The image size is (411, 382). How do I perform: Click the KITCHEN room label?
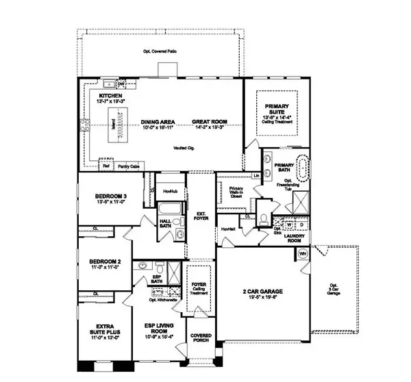(x=110, y=95)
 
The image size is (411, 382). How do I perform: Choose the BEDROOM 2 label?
(x=105, y=261)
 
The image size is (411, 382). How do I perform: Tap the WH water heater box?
(x=303, y=255)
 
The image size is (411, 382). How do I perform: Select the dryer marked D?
(x=301, y=223)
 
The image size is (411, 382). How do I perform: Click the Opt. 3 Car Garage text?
(x=334, y=288)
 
